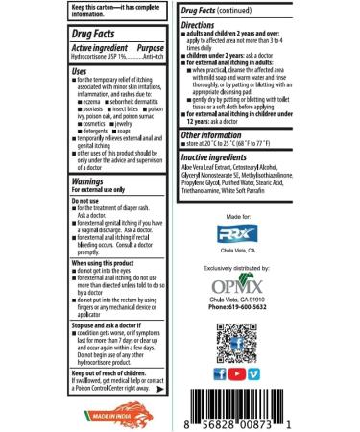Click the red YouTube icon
(235, 373)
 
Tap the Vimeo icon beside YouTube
(252, 373)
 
